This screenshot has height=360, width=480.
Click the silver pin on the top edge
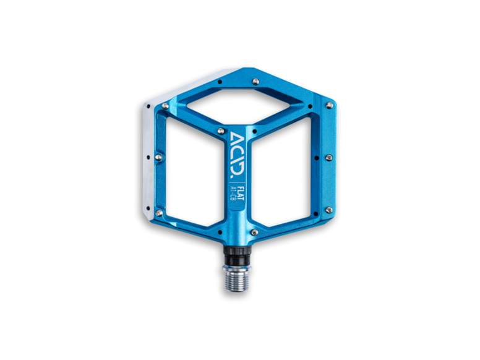256,81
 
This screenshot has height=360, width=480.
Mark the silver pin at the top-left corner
165,106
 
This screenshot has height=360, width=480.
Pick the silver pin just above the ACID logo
221,131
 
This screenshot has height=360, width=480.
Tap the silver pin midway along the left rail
158,158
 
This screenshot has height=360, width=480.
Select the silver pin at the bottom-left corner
159,213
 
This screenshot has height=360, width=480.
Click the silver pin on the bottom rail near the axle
254,232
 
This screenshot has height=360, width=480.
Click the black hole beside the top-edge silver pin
219,82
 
